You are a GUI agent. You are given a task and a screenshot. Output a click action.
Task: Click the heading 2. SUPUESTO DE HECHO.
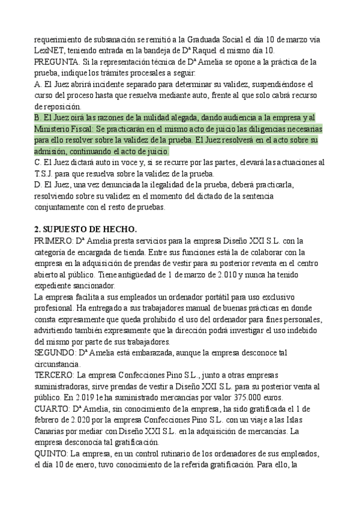coord(86,229)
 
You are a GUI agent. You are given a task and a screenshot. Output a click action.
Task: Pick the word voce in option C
coord(113,162)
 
